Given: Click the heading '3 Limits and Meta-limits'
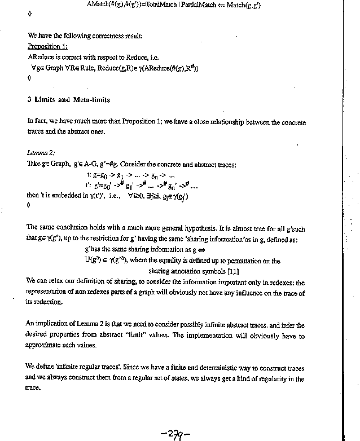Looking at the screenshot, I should click(68, 100).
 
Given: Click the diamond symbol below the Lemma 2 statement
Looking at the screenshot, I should click(29, 206).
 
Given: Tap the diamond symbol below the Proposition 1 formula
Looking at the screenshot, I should click(29, 78).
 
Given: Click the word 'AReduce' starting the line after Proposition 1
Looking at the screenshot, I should click(41, 57).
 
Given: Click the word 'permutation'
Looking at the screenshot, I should click(256, 261).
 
